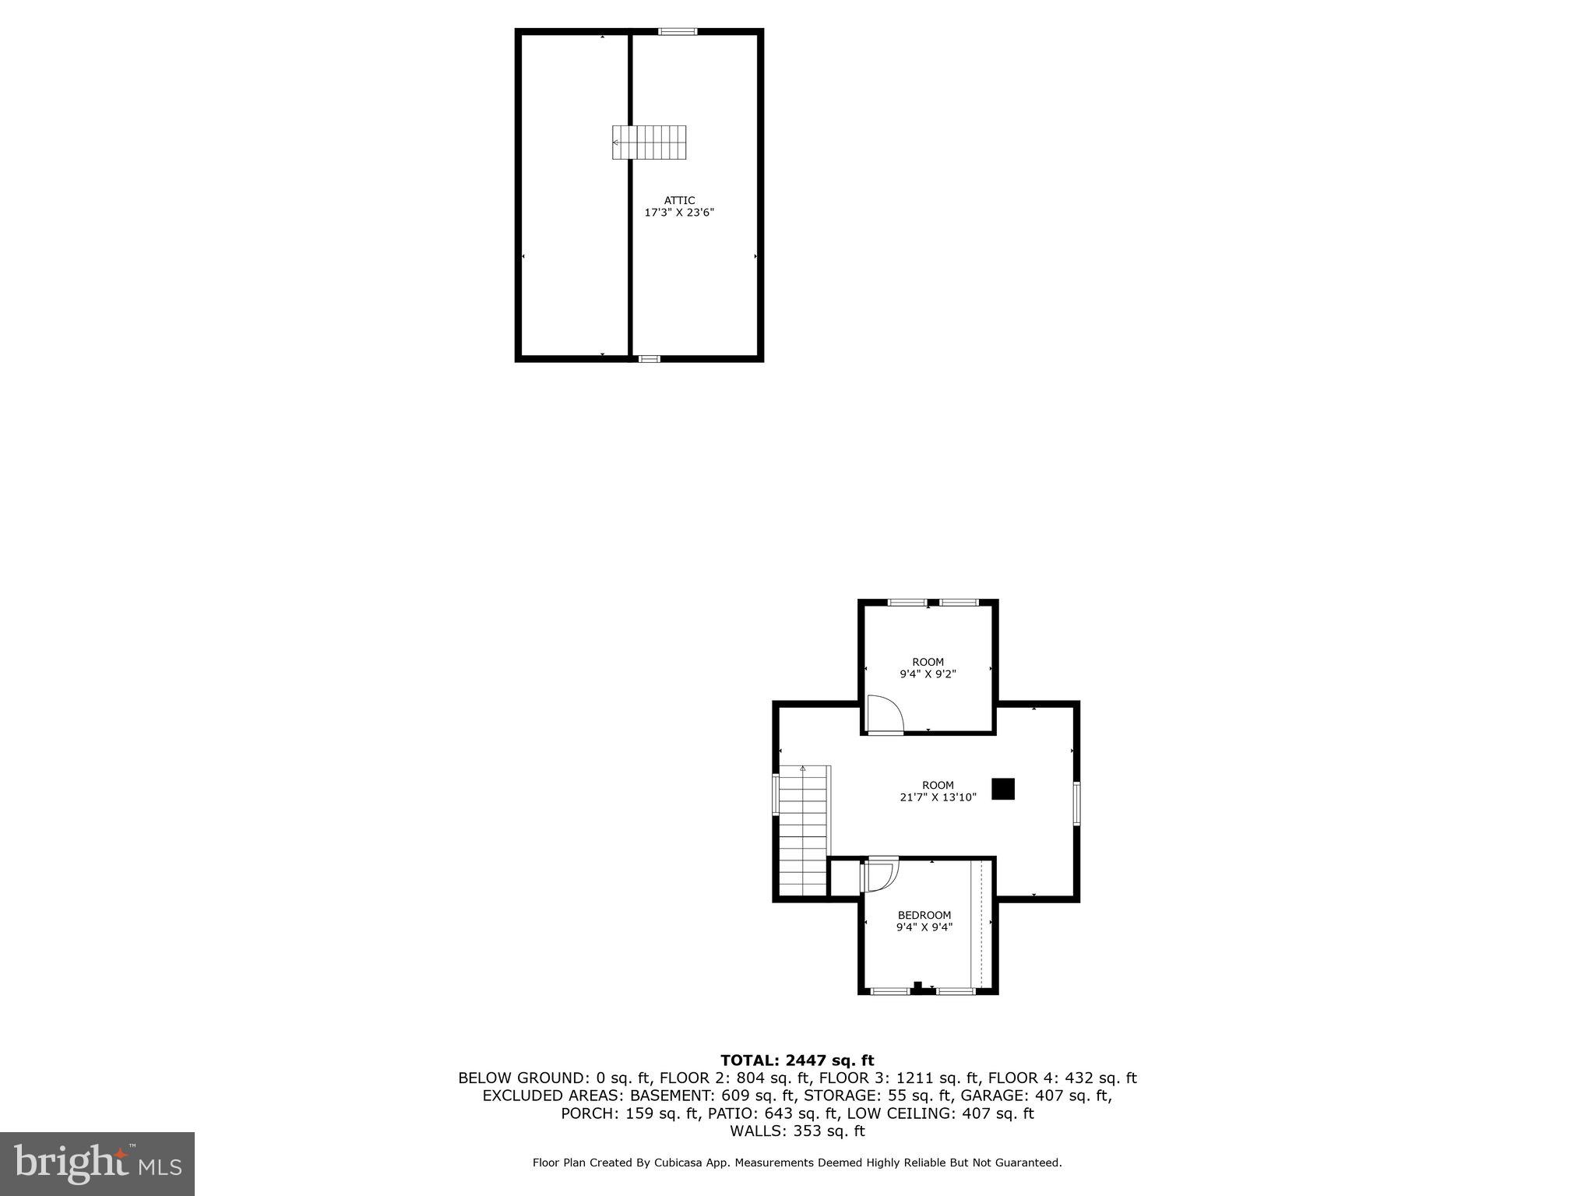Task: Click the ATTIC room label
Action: tap(679, 200)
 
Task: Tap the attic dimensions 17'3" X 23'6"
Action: tap(679, 212)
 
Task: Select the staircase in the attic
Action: tap(649, 142)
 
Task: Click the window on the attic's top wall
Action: tap(677, 32)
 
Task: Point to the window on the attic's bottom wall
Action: tap(649, 359)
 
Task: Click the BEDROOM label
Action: tap(924, 915)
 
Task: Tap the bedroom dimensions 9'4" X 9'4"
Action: tap(924, 927)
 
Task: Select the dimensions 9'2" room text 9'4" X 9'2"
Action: tap(928, 674)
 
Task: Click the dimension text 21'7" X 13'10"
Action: tap(938, 797)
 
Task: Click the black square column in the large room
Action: tap(1003, 789)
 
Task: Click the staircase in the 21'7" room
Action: tap(803, 831)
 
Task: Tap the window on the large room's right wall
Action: tap(1076, 803)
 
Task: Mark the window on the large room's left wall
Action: tap(776, 793)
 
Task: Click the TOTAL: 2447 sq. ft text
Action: tap(797, 1060)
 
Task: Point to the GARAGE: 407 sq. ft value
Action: tap(1036, 1096)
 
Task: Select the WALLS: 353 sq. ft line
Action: tap(797, 1131)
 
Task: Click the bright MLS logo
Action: tap(97, 1163)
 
